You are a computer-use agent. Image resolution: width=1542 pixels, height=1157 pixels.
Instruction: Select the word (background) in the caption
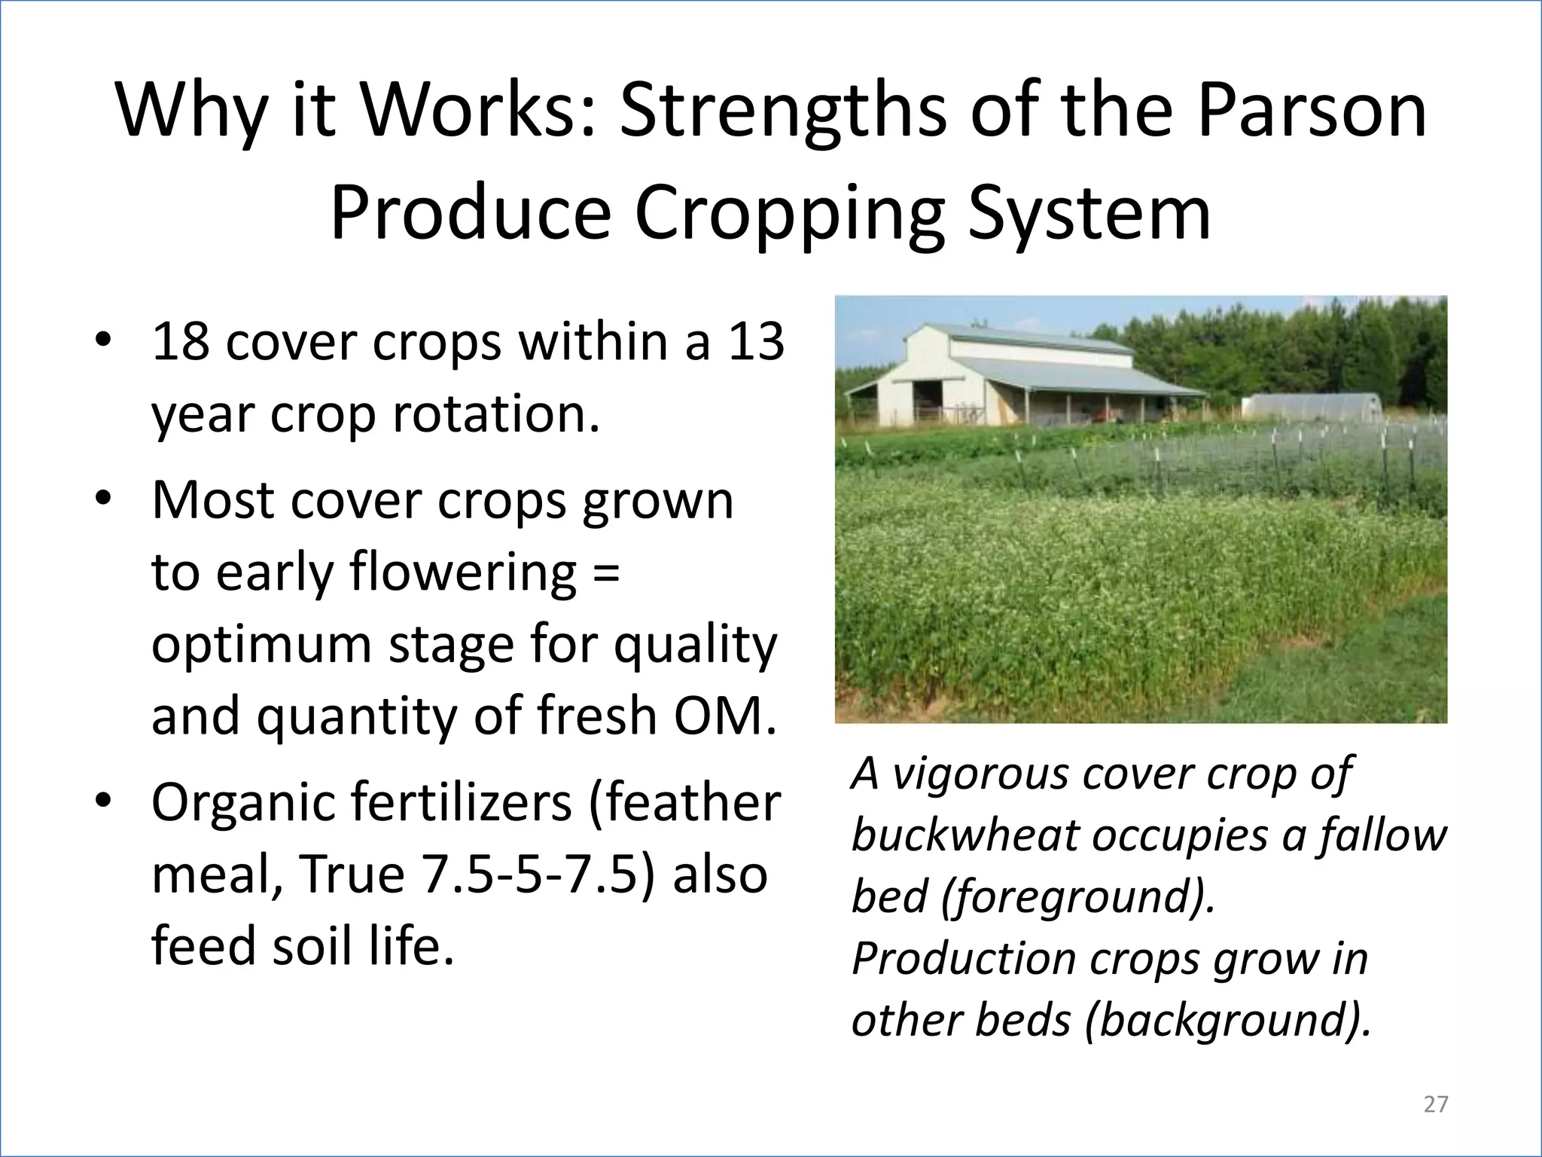tap(1227, 1020)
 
